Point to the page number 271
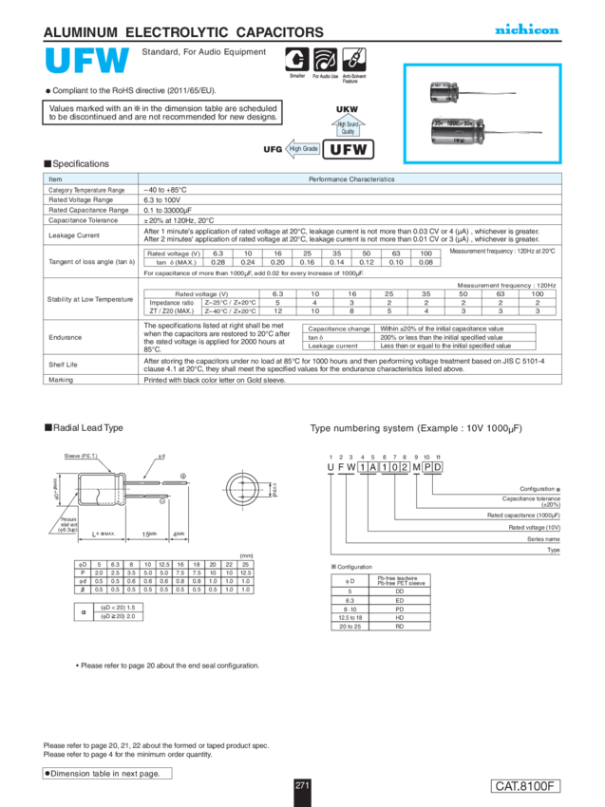302,785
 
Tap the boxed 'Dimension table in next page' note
107,774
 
